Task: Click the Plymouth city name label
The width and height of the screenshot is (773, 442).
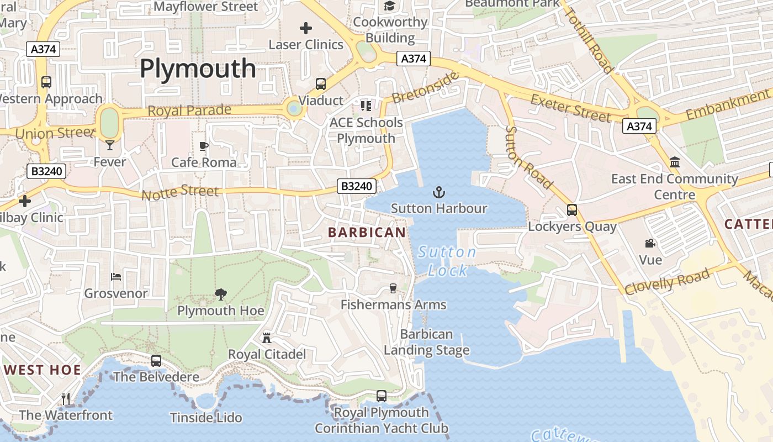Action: (x=198, y=69)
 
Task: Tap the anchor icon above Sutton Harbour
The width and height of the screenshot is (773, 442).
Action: (x=439, y=192)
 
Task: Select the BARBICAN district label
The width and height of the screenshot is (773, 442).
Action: (x=367, y=233)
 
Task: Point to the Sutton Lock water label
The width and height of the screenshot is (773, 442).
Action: (x=447, y=261)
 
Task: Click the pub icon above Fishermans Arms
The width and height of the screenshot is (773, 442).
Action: (x=393, y=288)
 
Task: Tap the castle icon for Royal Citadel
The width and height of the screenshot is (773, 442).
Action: (x=267, y=338)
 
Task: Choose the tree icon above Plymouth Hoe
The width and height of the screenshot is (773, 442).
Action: (x=221, y=294)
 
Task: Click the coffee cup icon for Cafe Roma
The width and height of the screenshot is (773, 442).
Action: (x=204, y=146)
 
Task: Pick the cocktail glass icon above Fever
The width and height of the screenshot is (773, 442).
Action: (x=110, y=145)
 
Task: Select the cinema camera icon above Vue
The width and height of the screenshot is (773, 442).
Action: (x=650, y=243)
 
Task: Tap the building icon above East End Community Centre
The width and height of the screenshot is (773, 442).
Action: (x=674, y=162)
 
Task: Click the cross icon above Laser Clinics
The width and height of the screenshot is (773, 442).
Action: (x=306, y=28)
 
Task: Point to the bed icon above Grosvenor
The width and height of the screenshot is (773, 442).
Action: (x=116, y=276)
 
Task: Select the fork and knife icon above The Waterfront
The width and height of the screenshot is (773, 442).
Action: (x=66, y=398)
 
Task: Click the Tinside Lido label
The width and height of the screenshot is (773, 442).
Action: (x=206, y=418)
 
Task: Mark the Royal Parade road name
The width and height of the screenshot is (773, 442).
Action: (x=189, y=110)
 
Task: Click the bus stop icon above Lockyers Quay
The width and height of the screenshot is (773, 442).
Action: (x=572, y=210)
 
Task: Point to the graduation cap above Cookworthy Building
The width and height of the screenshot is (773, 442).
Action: (x=390, y=6)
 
